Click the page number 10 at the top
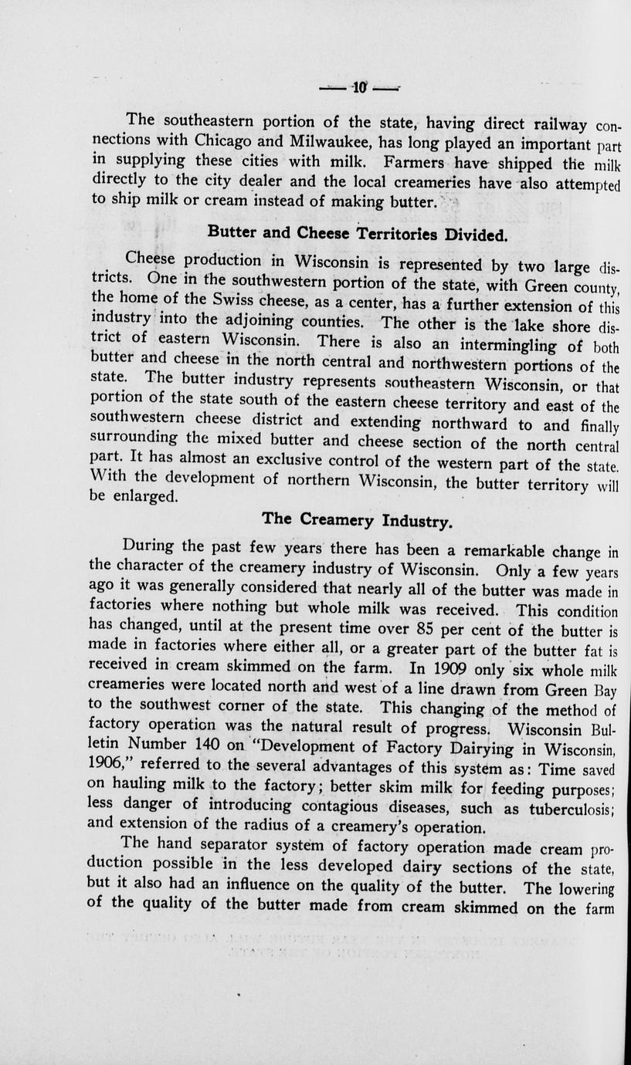[x=361, y=88]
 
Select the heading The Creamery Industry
[x=357, y=520]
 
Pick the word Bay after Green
[x=604, y=691]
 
